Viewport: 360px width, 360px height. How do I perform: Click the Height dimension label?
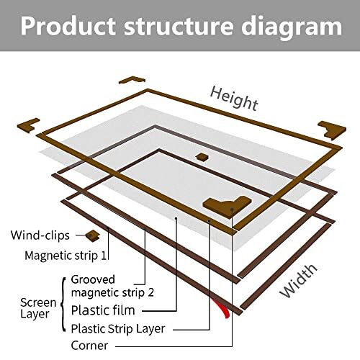coord(233,99)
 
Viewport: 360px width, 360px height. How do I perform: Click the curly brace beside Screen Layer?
coord(64,305)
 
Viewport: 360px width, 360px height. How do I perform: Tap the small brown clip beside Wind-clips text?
coord(91,235)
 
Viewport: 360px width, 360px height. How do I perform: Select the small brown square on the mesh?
coord(202,156)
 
